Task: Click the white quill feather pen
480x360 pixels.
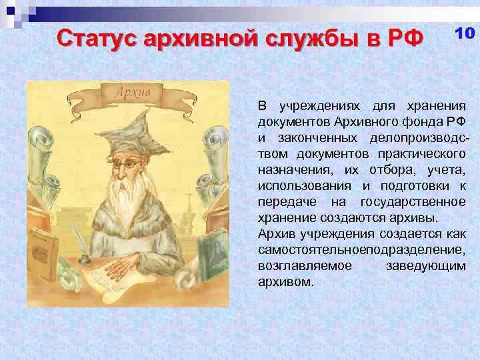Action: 77,237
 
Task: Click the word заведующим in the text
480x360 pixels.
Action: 425,265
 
